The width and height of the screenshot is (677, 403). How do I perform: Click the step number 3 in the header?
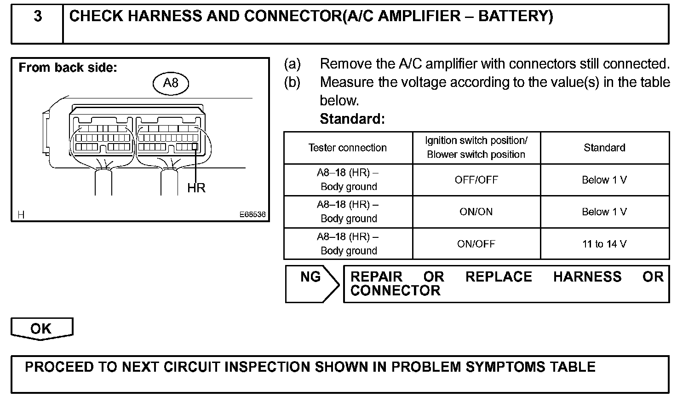click(38, 17)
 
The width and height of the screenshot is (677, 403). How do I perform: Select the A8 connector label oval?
click(171, 83)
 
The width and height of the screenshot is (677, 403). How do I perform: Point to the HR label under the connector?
click(196, 188)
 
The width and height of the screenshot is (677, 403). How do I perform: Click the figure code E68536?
click(252, 215)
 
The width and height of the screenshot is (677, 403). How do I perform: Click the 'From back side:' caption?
click(68, 68)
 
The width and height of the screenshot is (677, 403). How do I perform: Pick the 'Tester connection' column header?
click(348, 148)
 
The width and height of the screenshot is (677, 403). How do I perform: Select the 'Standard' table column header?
click(604, 148)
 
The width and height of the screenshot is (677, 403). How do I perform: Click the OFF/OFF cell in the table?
click(476, 180)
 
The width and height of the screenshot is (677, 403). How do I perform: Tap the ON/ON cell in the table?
click(476, 212)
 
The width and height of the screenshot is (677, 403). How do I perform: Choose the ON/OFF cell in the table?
click(476, 244)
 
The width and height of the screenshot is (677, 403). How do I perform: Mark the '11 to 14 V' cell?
click(604, 244)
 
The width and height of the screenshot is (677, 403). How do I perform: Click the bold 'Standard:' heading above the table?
click(352, 119)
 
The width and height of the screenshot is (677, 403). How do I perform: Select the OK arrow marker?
click(41, 328)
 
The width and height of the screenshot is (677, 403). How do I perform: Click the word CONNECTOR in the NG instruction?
click(395, 291)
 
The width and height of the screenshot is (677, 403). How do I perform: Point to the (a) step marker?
click(293, 63)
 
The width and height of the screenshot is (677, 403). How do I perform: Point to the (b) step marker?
click(293, 82)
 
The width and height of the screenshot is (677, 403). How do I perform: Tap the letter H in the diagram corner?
click(21, 215)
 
